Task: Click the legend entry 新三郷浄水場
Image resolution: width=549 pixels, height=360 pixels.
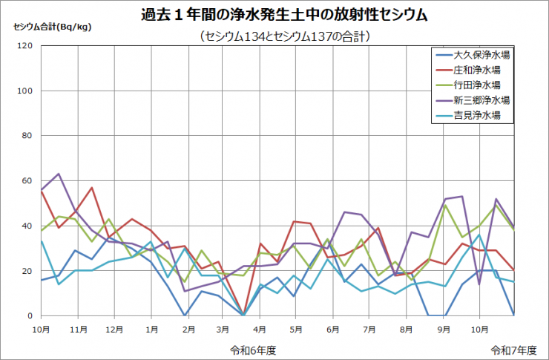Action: (481, 100)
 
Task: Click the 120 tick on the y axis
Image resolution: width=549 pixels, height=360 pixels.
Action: (25, 46)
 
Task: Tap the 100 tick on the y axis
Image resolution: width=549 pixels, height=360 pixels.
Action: (25, 91)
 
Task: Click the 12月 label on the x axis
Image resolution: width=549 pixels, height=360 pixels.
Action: (114, 327)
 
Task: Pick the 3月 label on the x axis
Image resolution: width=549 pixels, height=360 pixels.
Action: (223, 327)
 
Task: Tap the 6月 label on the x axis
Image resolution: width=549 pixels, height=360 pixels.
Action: (333, 327)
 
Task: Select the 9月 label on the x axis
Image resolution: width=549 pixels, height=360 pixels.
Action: (443, 327)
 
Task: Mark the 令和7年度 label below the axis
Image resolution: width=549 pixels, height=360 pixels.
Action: (512, 347)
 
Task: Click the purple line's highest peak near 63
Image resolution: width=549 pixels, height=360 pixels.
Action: (59, 174)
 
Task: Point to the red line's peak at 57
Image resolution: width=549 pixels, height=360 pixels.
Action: (92, 188)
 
